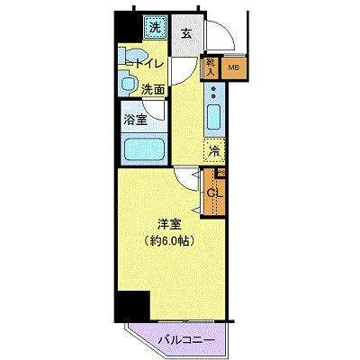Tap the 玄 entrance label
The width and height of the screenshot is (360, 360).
(184, 34)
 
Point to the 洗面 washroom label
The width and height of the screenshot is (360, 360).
(153, 89)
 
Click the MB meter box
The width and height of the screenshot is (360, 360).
(233, 67)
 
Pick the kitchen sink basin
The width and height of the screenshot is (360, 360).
(214, 117)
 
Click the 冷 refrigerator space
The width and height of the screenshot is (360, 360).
(214, 150)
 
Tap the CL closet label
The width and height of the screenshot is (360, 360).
(214, 192)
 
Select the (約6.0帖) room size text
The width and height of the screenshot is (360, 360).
(169, 241)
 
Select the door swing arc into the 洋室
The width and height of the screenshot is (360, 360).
(187, 178)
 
